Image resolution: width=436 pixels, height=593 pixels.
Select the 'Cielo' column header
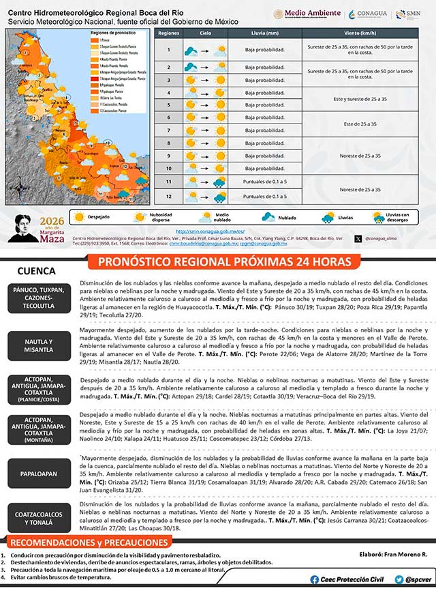[205, 33]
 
